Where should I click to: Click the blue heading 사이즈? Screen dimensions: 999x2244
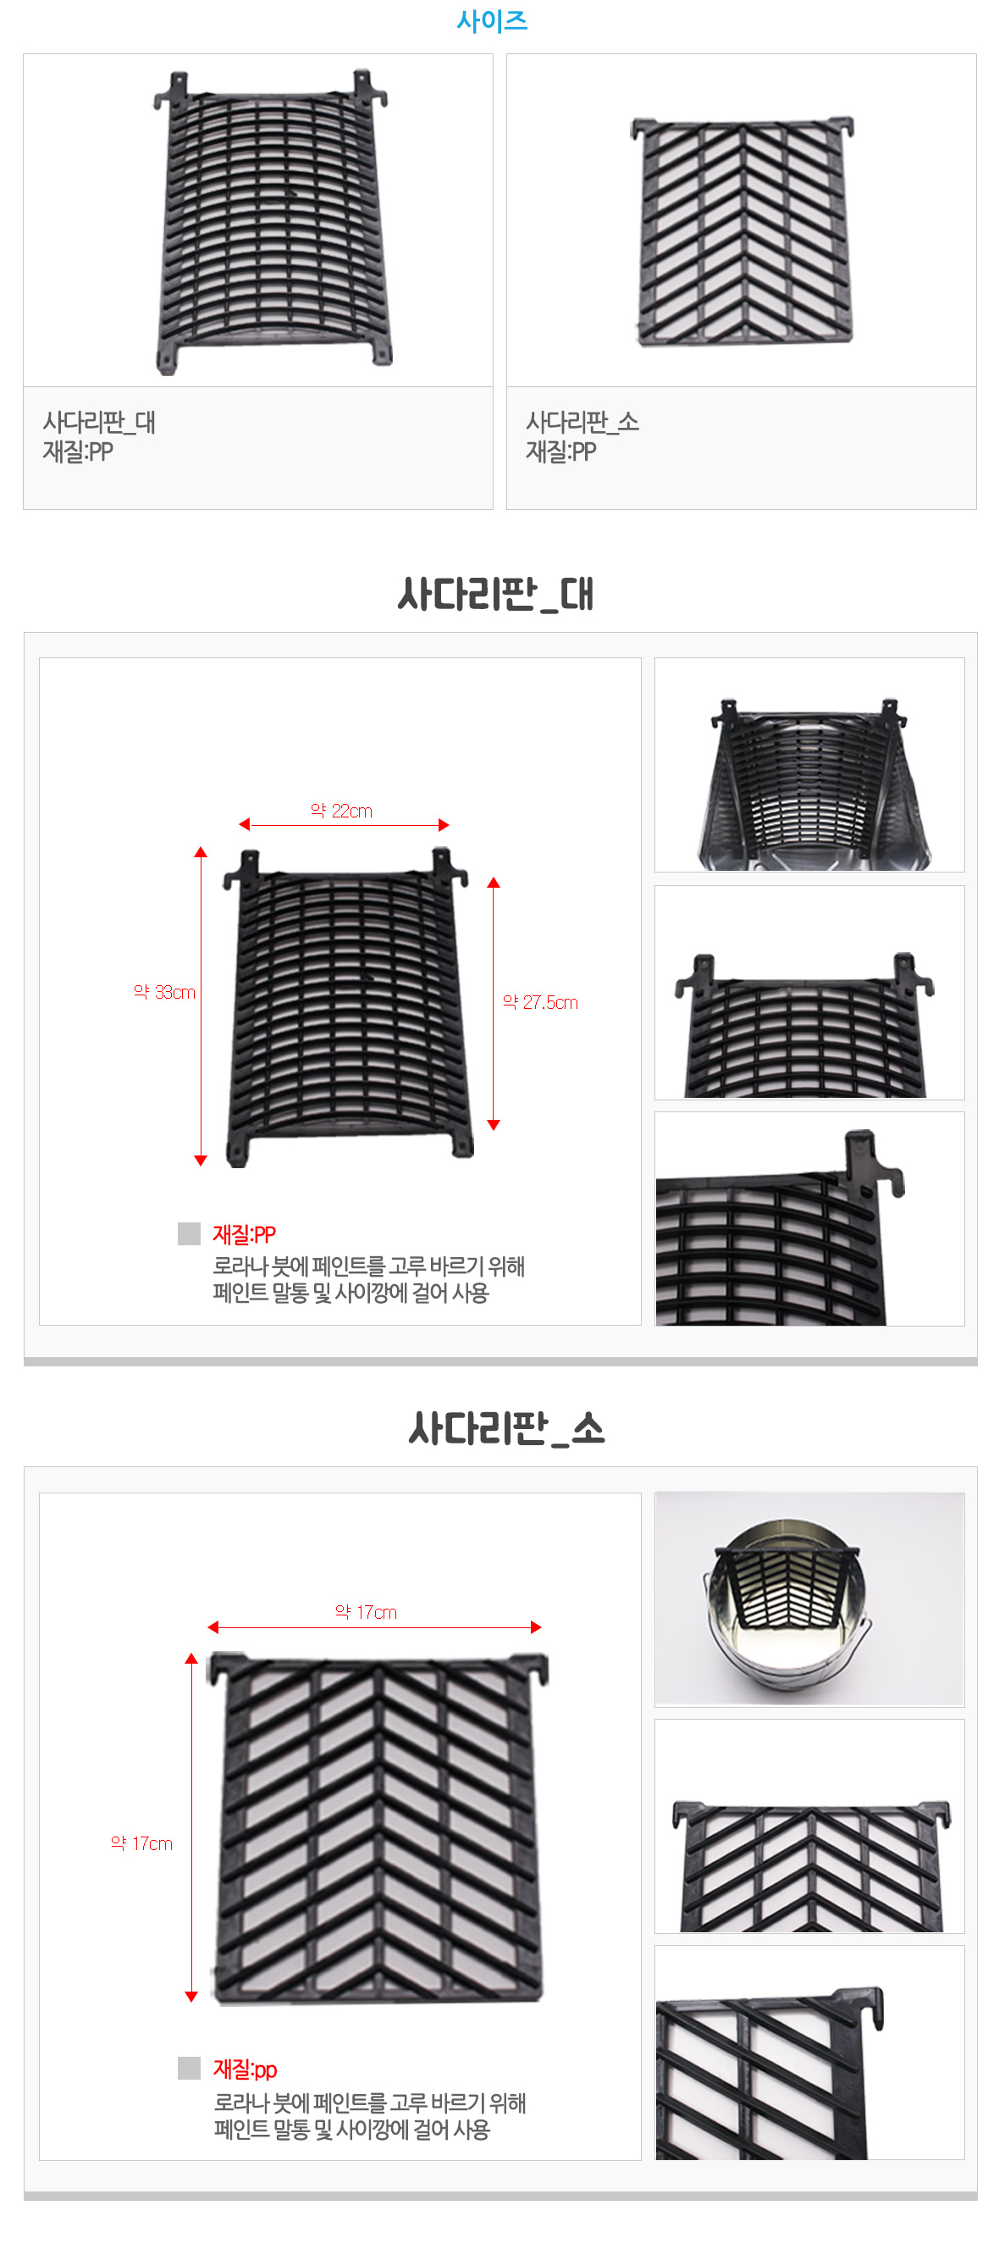pyautogui.click(x=492, y=20)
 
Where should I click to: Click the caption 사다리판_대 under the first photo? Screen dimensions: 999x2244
pyautogui.click(x=99, y=423)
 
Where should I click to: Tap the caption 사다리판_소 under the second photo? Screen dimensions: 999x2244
pyautogui.click(x=582, y=423)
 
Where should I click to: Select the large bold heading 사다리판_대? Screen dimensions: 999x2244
pyautogui.click(x=495, y=594)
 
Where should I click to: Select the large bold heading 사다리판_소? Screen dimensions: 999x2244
pyautogui.click(x=507, y=1428)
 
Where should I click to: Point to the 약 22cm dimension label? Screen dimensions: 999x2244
pyautogui.click(x=341, y=811)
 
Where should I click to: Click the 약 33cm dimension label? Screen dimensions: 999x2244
pyautogui.click(x=164, y=992)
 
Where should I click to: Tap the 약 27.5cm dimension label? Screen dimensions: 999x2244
pyautogui.click(x=540, y=1003)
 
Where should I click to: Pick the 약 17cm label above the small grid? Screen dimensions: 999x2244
pyautogui.click(x=366, y=1612)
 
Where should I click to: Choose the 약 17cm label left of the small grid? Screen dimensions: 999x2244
pyautogui.click(x=142, y=1843)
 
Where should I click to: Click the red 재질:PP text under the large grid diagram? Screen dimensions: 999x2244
pyautogui.click(x=244, y=1234)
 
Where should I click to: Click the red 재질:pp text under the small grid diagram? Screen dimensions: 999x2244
pyautogui.click(x=245, y=2069)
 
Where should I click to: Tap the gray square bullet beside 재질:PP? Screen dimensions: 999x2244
pyautogui.click(x=189, y=1233)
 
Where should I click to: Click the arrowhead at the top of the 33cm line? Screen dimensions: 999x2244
pyautogui.click(x=201, y=852)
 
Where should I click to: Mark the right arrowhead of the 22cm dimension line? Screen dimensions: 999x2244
pyautogui.click(x=444, y=825)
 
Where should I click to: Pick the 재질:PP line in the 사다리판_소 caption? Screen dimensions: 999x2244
pyautogui.click(x=561, y=452)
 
